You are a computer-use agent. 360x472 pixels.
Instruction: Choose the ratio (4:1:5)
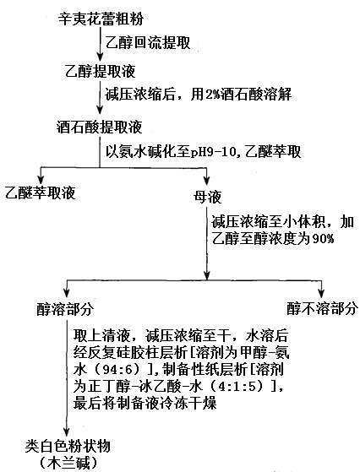(x=246, y=386)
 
